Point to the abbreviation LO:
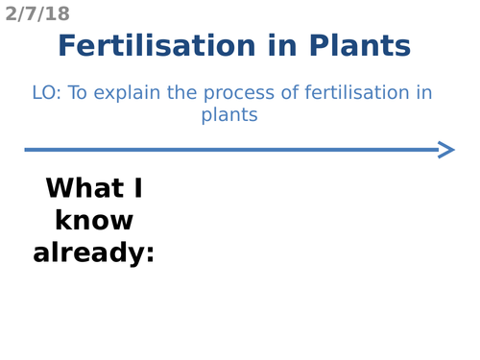click(x=46, y=93)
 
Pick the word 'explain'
click(x=130, y=94)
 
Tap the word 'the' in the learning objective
click(x=180, y=93)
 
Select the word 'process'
click(x=233, y=94)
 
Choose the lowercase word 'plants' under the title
click(x=229, y=115)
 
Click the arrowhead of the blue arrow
click(x=446, y=149)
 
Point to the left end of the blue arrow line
click(x=28, y=149)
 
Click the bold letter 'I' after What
click(x=135, y=188)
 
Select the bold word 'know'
click(x=93, y=221)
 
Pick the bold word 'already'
click(x=87, y=253)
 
